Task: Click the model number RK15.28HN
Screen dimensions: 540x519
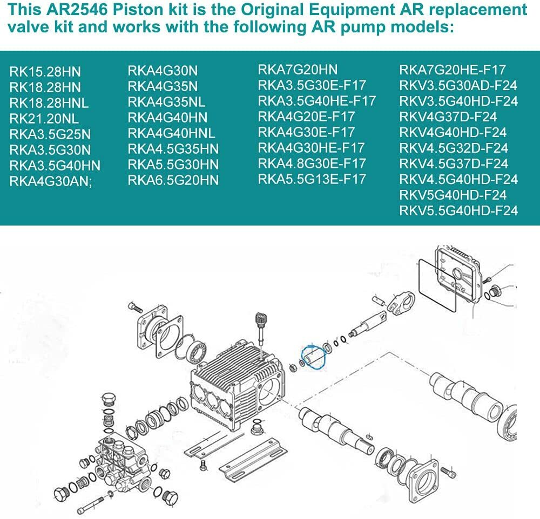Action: tap(45, 72)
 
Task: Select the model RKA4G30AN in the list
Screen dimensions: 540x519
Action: tap(51, 181)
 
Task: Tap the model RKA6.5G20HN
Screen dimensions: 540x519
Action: tap(173, 180)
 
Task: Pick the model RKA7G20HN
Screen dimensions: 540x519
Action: tap(298, 70)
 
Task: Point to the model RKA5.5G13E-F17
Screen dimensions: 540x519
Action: tap(312, 179)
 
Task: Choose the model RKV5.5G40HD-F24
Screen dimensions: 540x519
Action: tap(458, 210)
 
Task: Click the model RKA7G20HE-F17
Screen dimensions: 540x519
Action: tap(453, 70)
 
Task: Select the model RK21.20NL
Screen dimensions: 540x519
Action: tap(44, 119)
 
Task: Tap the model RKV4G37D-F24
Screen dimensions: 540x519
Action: tap(448, 117)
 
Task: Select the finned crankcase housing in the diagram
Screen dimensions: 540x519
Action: tap(238, 385)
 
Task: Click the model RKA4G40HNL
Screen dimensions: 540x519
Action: tap(172, 133)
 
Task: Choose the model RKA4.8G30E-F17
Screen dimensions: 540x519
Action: tap(312, 163)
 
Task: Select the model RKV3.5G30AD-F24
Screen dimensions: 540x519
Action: tap(458, 85)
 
